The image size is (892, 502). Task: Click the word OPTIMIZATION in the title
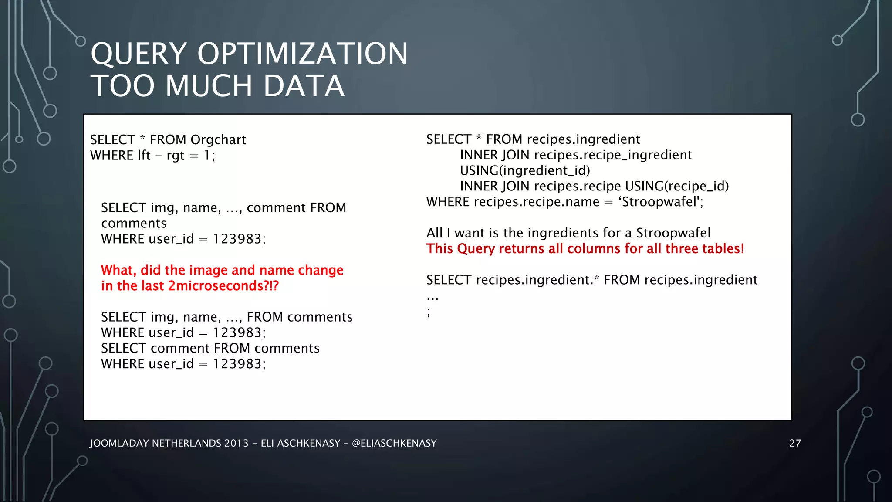[x=303, y=54]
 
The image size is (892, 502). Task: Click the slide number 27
[x=795, y=443]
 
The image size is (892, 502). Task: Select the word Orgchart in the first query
[x=218, y=140]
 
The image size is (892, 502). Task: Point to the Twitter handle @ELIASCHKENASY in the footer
[x=394, y=443]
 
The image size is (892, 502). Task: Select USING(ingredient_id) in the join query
[x=525, y=170]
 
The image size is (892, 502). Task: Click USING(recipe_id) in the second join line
[x=677, y=186]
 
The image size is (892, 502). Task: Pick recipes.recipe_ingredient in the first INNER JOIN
[x=613, y=155]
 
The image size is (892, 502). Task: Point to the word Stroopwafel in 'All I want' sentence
[x=673, y=233]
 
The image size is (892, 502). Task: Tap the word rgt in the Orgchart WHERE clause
[x=176, y=156]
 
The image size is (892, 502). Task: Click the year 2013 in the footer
[x=236, y=443]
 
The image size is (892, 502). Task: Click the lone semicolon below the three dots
[x=429, y=312]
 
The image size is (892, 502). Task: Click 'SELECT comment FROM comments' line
[x=210, y=348]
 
